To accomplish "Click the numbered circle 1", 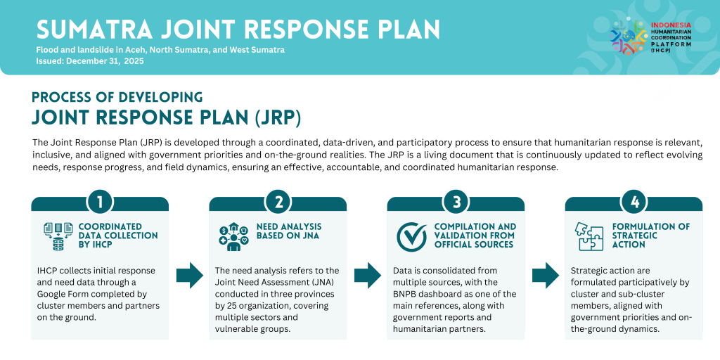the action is click(100, 202).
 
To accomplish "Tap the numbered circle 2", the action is click(278, 202).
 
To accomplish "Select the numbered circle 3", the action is click(456, 202).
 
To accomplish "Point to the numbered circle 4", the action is click(634, 202).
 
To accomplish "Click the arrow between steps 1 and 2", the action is click(190, 276).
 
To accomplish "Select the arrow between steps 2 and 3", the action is click(368, 276).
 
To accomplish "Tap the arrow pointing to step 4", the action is click(546, 276).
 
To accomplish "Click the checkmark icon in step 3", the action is click(412, 237).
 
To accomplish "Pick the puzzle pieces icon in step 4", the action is click(590, 236).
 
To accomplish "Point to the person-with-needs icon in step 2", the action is click(233, 238).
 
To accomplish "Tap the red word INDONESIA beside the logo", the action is click(671, 25).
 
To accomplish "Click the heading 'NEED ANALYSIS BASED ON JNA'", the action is click(289, 231).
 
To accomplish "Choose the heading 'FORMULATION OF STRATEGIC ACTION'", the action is click(651, 236).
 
